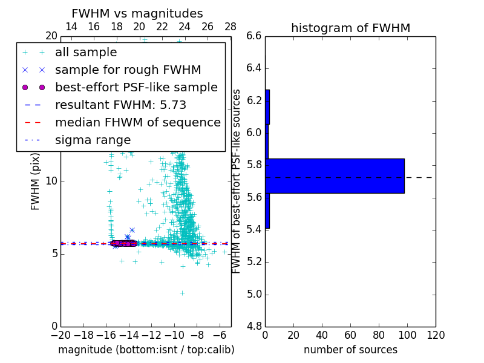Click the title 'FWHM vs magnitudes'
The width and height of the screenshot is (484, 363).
[x=137, y=13]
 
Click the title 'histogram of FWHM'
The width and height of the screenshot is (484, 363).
[x=350, y=28]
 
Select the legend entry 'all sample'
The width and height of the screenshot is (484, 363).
[x=86, y=53]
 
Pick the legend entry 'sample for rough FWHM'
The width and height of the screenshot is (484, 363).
[x=128, y=70]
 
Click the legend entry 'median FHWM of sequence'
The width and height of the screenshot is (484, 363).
[x=137, y=122]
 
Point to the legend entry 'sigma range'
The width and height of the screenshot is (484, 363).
[x=93, y=140]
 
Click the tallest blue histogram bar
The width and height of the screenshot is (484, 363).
[x=335, y=176]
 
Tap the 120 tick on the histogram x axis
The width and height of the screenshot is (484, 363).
[x=435, y=335]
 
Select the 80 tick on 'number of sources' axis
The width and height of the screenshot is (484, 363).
[x=379, y=335]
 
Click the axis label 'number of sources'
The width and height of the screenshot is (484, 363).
[x=350, y=350]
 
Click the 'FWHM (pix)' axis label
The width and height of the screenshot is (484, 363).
[x=36, y=181]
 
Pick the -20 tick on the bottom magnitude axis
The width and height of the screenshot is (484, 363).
[x=60, y=335]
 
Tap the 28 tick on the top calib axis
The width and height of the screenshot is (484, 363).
[x=231, y=27]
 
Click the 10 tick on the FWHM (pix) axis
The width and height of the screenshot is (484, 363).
[x=51, y=181]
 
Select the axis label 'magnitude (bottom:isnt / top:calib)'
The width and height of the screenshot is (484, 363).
[x=146, y=350]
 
